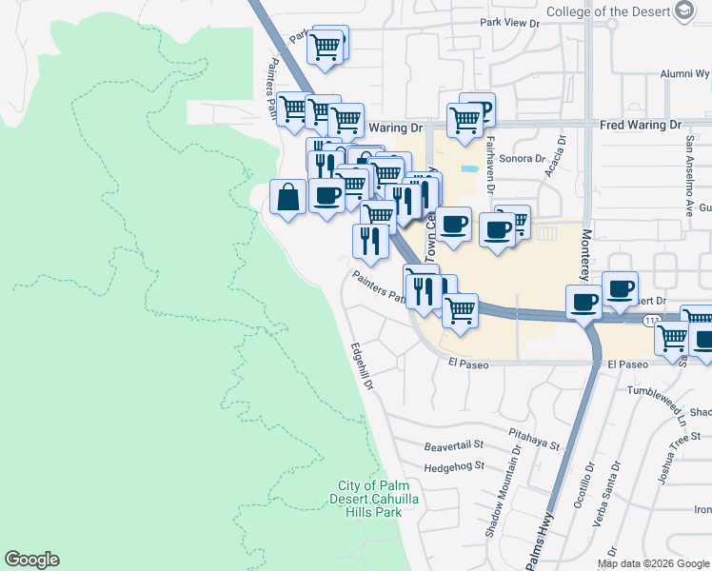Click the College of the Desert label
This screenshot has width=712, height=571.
[606, 11]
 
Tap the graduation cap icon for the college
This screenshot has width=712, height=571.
[683, 10]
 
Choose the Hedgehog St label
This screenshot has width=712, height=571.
[454, 466]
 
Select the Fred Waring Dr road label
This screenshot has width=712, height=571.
[641, 125]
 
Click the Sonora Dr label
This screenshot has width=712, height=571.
[521, 159]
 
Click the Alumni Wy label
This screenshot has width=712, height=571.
[685, 72]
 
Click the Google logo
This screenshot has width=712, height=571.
[31, 560]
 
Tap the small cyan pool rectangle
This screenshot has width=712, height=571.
[468, 170]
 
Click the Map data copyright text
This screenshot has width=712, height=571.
[653, 563]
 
